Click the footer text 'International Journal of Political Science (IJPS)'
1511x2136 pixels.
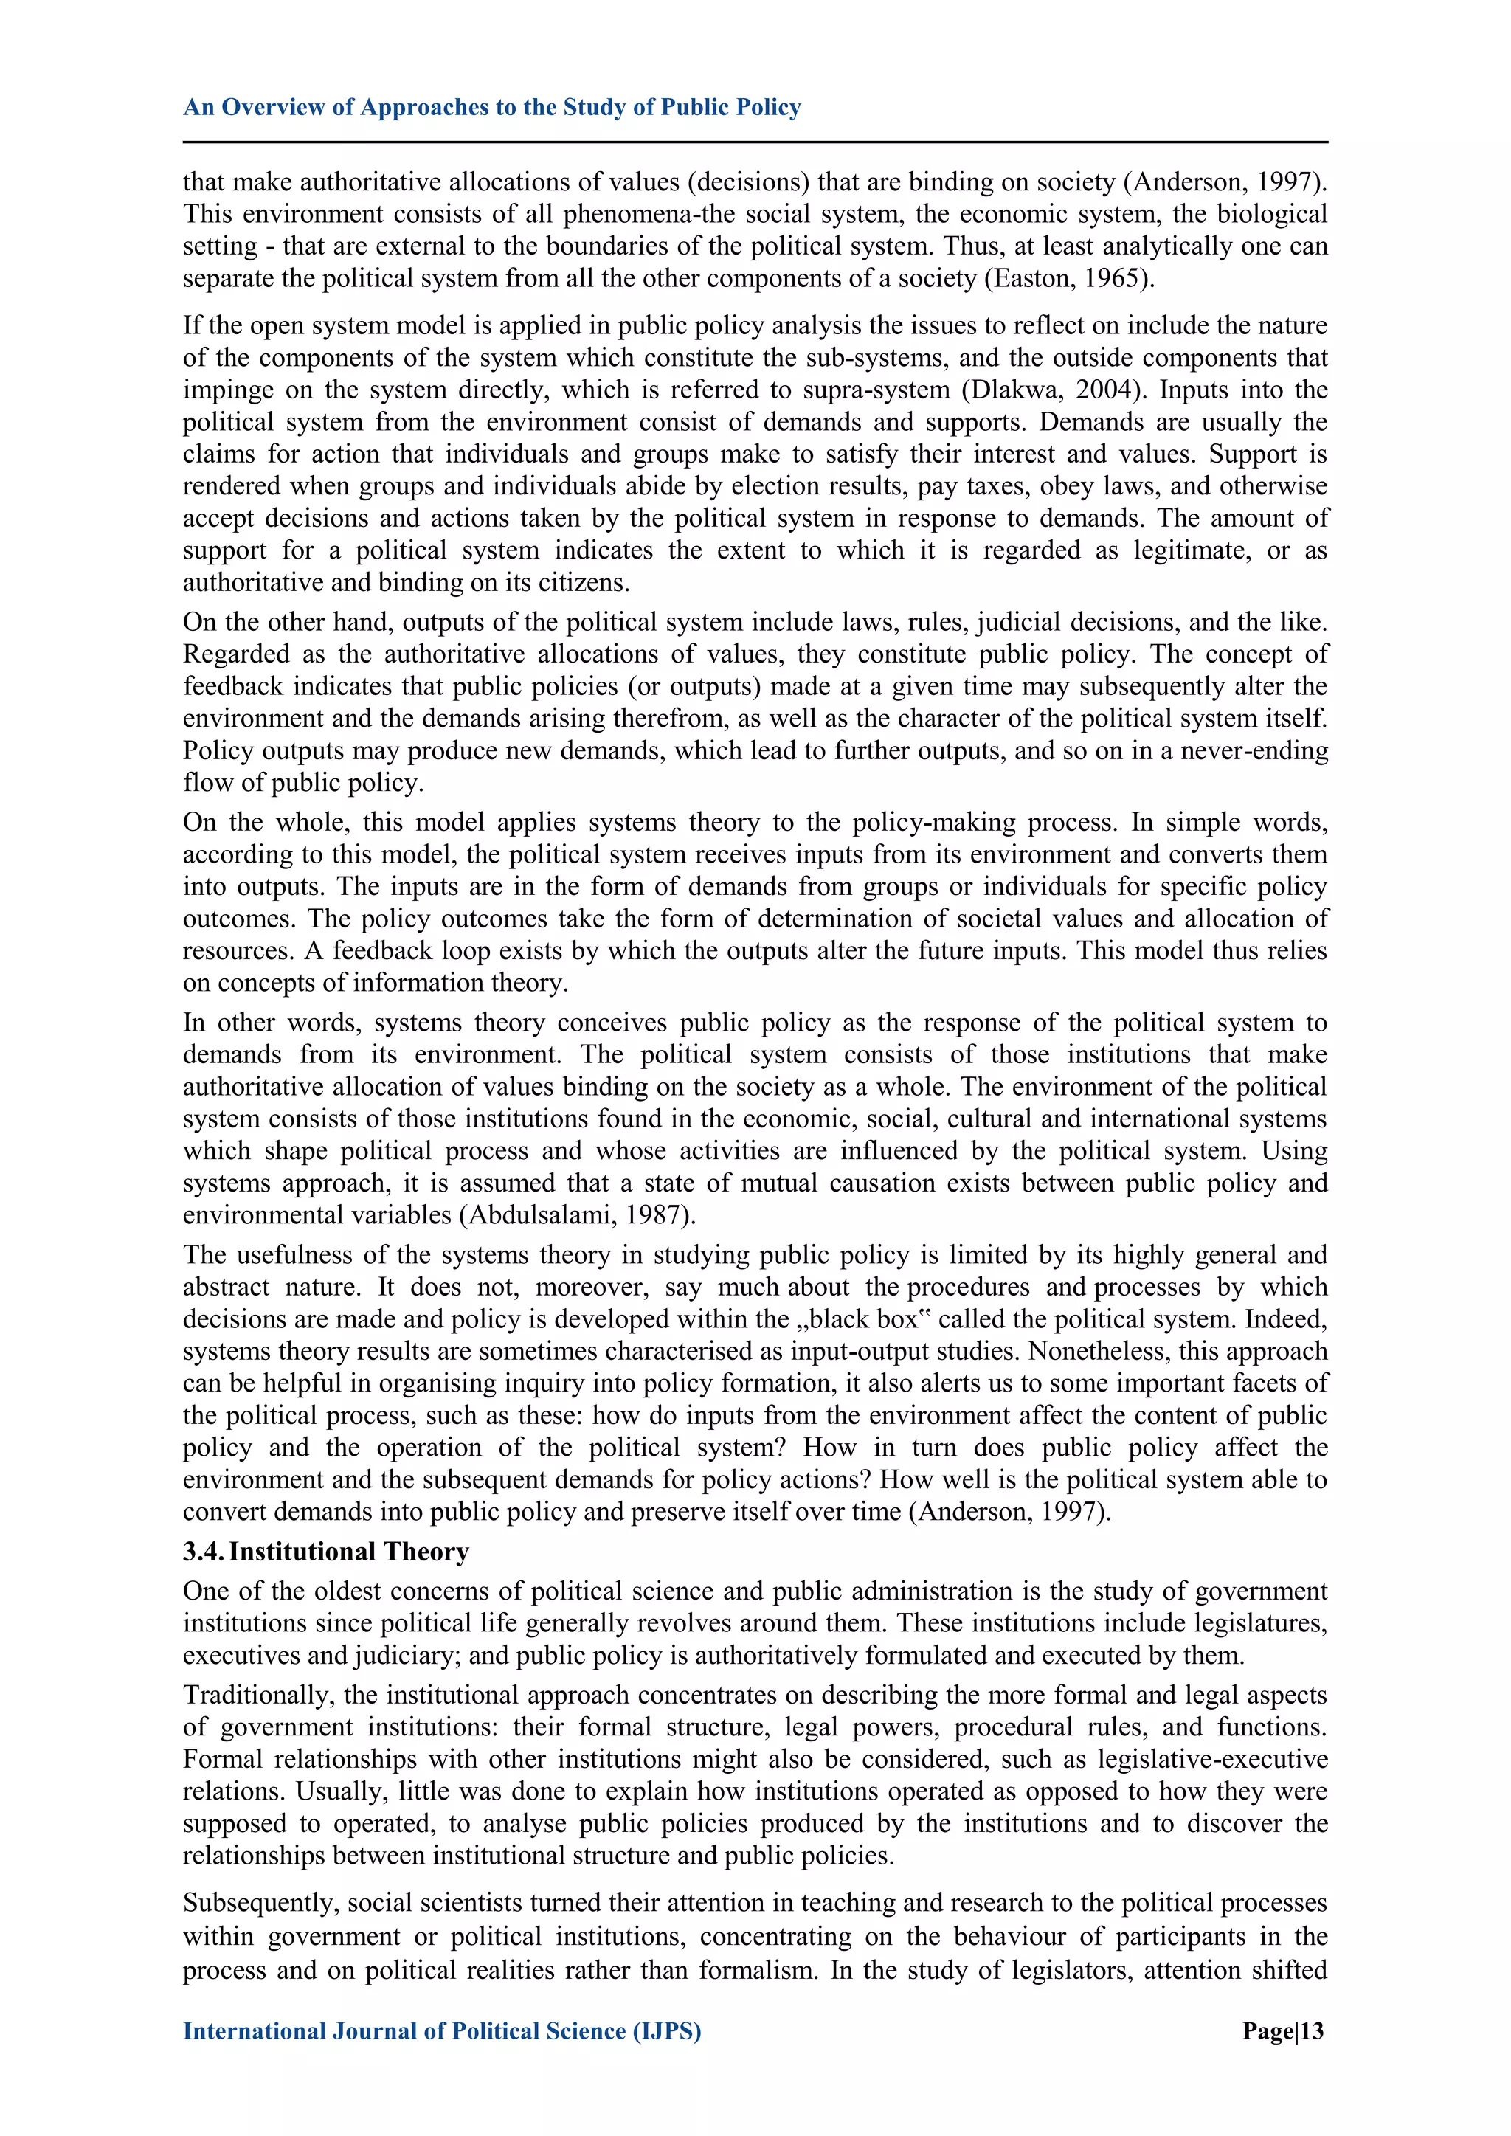click(x=442, y=2031)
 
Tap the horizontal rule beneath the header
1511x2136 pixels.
click(x=755, y=142)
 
